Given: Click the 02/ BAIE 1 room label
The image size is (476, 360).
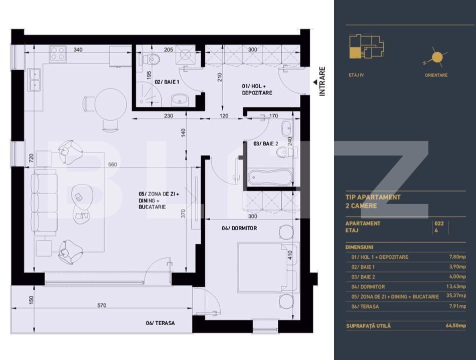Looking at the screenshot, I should [167, 81].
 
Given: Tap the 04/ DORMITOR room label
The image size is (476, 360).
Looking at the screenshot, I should [239, 228].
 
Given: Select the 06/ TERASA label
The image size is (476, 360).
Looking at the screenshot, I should [160, 323].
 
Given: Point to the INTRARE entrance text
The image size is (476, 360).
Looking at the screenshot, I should [322, 81].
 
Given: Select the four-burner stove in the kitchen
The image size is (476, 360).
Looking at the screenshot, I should [58, 53].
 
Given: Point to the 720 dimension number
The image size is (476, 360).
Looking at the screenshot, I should [31, 159].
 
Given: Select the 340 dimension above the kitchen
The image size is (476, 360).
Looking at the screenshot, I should [78, 49].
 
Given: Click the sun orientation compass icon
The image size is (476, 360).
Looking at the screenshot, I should [436, 58].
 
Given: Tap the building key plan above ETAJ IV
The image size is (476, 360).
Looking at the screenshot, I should [365, 49].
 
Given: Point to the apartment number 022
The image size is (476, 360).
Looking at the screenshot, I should [440, 223].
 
